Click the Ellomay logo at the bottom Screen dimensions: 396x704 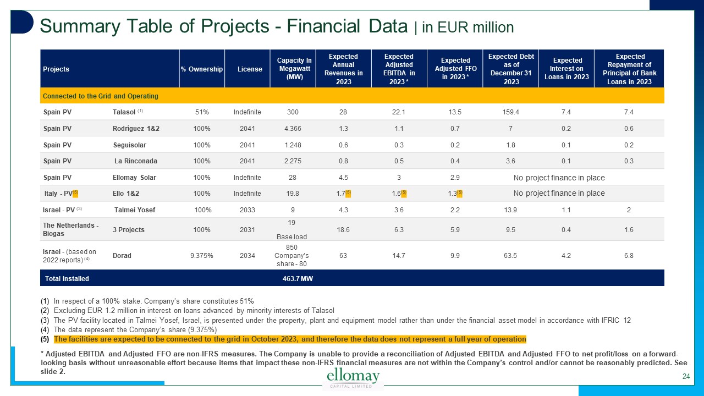pos(353,378)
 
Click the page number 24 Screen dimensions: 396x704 pos(685,377)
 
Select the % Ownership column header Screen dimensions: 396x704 pos(202,69)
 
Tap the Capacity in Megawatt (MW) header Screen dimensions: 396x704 pos(294,69)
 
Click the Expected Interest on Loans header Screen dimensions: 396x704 pos(567,69)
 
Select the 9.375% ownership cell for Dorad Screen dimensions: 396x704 pos(202,255)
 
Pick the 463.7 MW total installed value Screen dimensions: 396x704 pos(298,279)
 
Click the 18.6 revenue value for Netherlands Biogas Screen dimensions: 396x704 pos(343,229)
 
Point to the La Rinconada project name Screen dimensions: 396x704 pos(135,161)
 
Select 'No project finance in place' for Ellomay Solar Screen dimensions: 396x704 pos(559,178)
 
